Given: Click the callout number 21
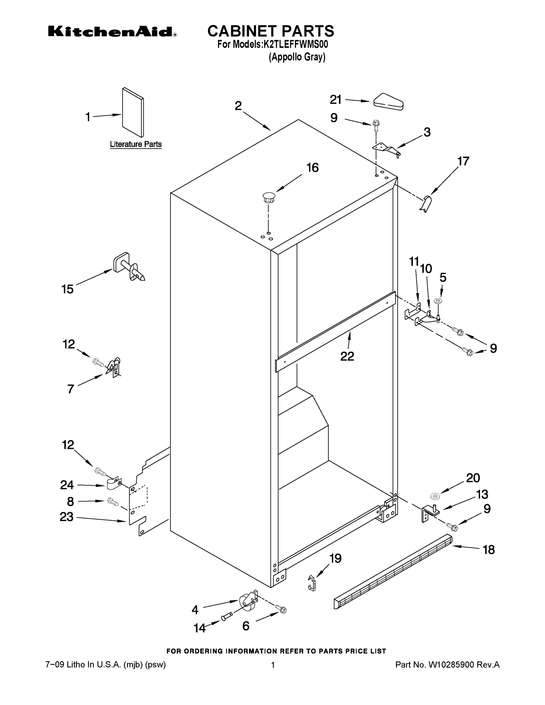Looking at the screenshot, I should [x=336, y=100].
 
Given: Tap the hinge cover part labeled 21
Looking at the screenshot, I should [x=388, y=103].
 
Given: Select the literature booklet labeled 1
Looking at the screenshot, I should [x=133, y=112].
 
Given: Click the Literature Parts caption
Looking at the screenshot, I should [x=136, y=144].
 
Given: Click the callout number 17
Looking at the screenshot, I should [x=463, y=161].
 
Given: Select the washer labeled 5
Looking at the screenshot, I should [x=438, y=301].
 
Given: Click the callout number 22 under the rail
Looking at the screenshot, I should [x=347, y=356].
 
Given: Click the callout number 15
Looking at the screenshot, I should [x=68, y=289].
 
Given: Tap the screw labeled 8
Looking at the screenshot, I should [x=113, y=502].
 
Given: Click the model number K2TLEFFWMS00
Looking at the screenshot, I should [x=296, y=44].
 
